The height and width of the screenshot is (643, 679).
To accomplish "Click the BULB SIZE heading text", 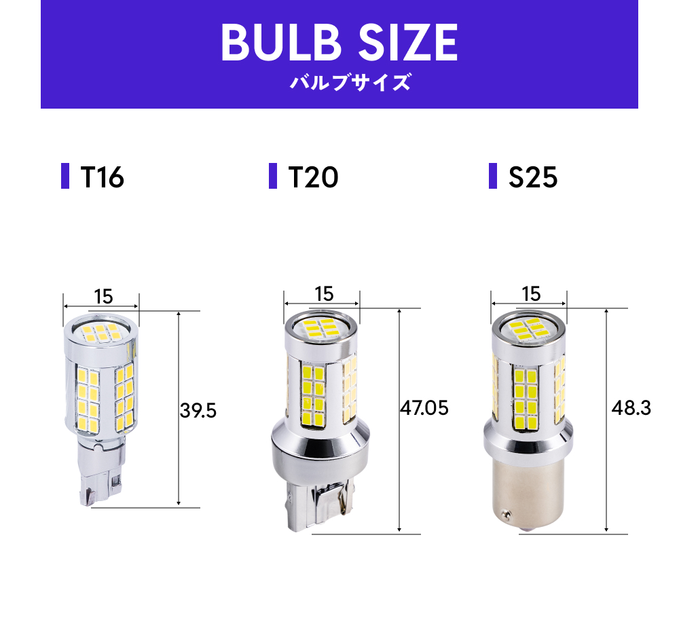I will (x=339, y=42).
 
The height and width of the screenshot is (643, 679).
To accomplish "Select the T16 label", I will (x=102, y=177).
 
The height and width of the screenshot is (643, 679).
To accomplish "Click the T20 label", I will (x=313, y=177).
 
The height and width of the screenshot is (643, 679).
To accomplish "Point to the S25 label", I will (x=533, y=177).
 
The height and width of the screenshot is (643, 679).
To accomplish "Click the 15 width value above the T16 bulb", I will (x=103, y=296).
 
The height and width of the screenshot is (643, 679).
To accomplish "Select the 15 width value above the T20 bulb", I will (x=324, y=293).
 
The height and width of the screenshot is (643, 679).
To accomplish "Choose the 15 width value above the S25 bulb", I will (x=531, y=293).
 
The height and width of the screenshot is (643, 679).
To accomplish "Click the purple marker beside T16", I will (x=65, y=177).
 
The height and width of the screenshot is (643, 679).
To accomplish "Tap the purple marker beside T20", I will (x=273, y=177).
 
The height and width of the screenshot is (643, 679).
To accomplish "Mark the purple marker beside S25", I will (x=493, y=177).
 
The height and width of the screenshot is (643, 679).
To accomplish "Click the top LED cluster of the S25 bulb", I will (x=529, y=331).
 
